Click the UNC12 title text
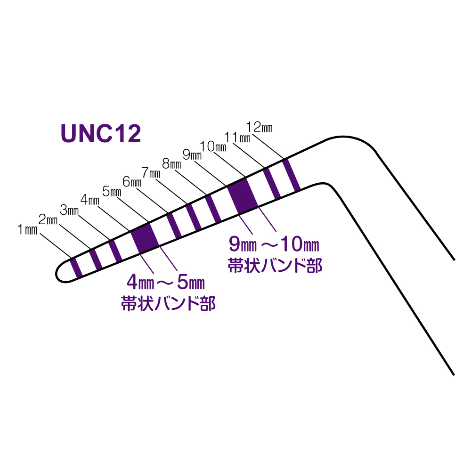pyautogui.click(x=101, y=134)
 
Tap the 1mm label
pyautogui.click(x=27, y=230)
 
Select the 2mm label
pyautogui.click(x=48, y=219)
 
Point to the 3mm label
pyautogui.click(x=69, y=210)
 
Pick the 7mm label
pyautogui.click(x=151, y=172)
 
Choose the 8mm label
pyautogui.click(x=171, y=164)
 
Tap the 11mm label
pyautogui.click(x=237, y=138)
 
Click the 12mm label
pyautogui.click(x=260, y=127)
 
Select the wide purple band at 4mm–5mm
pyautogui.click(x=144, y=238)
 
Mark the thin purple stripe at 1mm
pyautogui.click(x=76, y=267)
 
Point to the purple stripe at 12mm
pyautogui.click(x=291, y=175)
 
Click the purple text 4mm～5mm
pyautogui.click(x=165, y=284)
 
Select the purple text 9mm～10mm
pyautogui.click(x=274, y=245)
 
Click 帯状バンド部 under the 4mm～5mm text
pyautogui.click(x=168, y=303)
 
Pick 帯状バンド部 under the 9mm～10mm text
pyautogui.click(x=275, y=265)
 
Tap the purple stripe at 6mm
pyautogui.click(x=174, y=226)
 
